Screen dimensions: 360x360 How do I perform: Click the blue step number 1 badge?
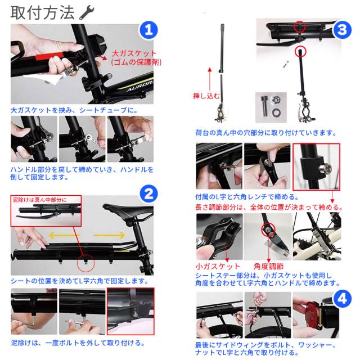coord(148,30)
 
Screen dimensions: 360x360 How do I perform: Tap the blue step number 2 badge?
coord(148,193)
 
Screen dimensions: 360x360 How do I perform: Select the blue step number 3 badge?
coord(342,30)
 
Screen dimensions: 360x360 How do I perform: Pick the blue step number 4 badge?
coord(343,299)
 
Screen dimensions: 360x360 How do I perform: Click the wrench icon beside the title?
coord(87,13)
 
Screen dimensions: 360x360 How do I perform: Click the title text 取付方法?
coord(43,12)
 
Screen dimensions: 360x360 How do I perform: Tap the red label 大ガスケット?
coord(134,53)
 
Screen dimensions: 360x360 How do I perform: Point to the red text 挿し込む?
coord(206,96)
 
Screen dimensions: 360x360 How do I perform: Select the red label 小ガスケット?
coord(218,266)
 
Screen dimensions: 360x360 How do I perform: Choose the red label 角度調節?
coord(268,266)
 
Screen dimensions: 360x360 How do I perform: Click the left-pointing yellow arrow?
coord(64,235)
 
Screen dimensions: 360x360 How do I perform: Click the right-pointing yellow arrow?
coord(109,235)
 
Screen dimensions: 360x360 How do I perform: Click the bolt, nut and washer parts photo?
coord(271,107)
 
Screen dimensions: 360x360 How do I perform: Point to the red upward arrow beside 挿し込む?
coord(209,79)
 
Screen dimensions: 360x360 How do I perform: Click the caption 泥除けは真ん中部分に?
coord(39,200)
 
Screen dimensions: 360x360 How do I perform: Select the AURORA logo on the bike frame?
coord(140,86)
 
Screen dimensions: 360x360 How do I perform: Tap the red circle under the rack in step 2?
coord(85,263)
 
